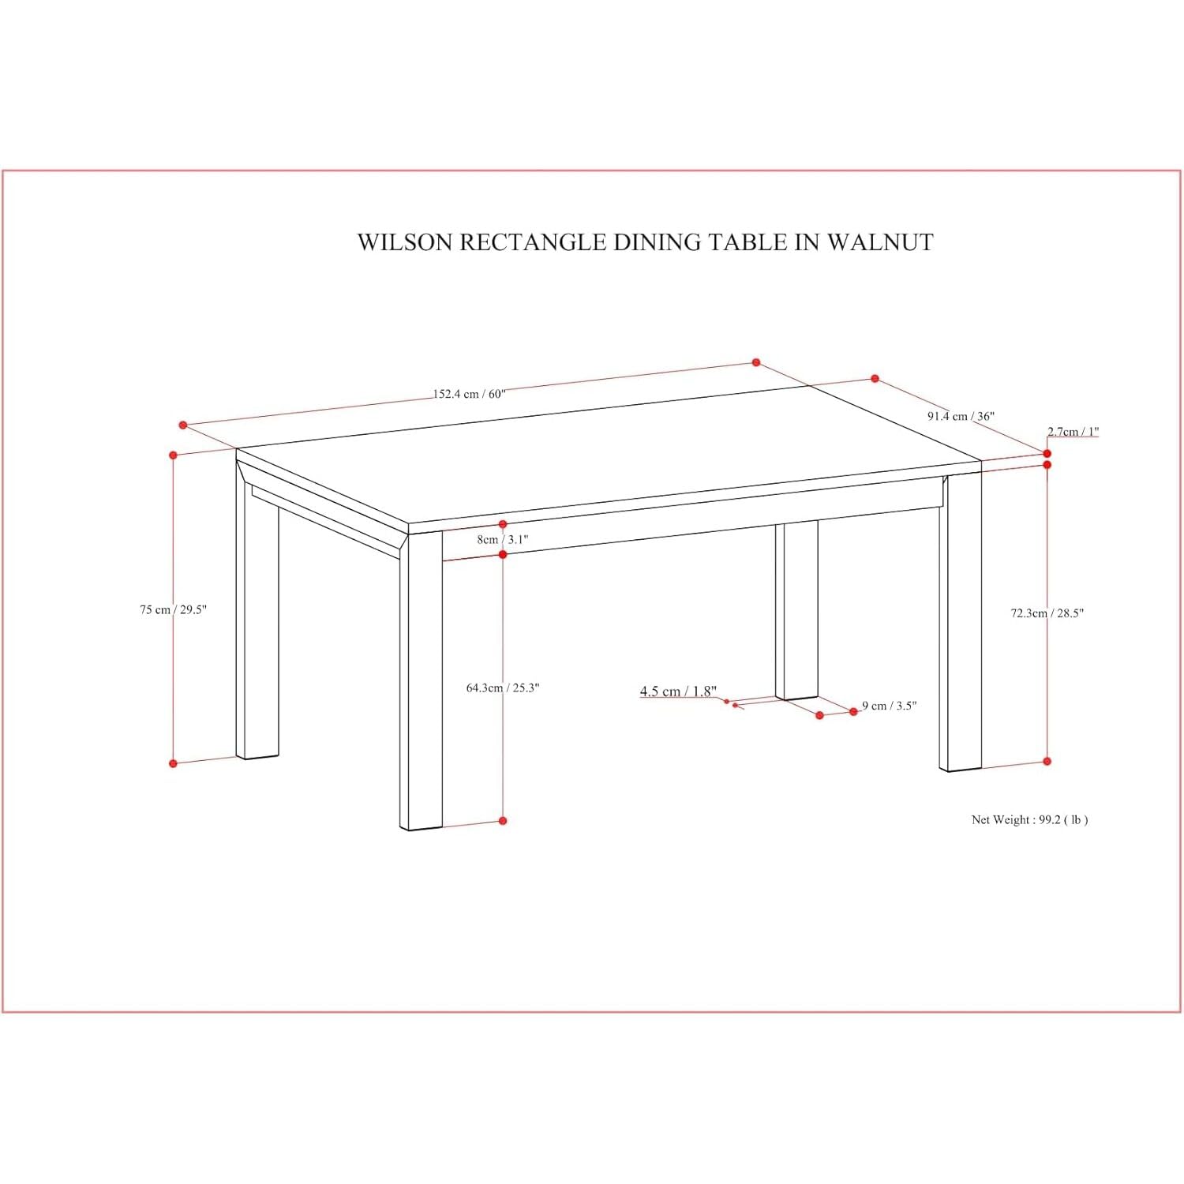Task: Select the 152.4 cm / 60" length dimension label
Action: coord(469,394)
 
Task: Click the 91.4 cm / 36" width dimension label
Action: coord(961,416)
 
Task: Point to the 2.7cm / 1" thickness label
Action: coord(1073,431)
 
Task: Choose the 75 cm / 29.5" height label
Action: coord(173,609)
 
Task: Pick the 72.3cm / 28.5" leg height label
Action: coord(1047,613)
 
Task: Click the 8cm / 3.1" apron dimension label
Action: coord(503,540)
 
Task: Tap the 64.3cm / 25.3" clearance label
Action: coord(503,688)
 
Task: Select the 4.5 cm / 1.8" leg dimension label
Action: coord(678,691)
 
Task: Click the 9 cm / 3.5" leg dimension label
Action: coord(890,706)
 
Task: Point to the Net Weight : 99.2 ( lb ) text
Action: coord(1029,819)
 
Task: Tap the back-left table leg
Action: coord(257,616)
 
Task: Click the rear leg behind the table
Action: coord(796,611)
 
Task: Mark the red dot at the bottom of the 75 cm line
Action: coord(174,763)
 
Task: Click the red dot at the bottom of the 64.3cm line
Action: coord(503,821)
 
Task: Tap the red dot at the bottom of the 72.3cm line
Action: coord(1047,761)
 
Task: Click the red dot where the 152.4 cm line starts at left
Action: coord(183,425)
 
